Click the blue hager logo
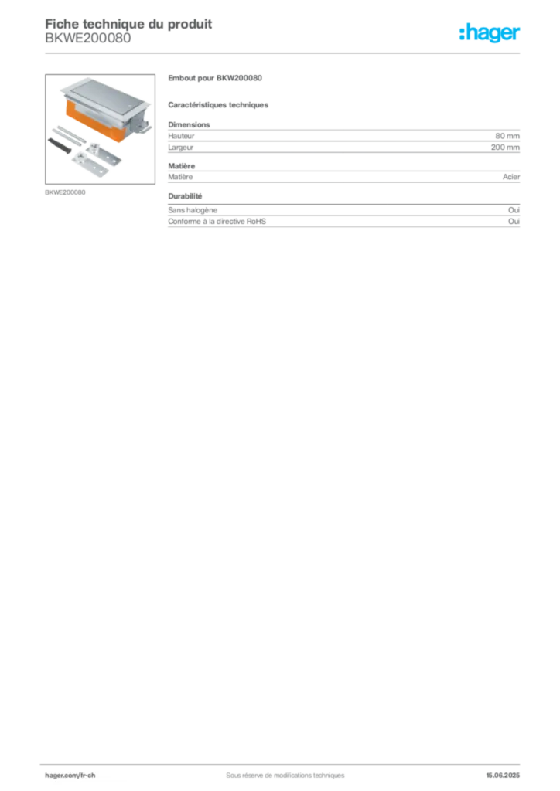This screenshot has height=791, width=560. (490, 34)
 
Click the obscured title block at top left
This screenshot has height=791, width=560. (128, 31)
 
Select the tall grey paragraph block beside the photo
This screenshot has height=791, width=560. (343, 139)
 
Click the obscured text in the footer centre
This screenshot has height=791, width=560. (279, 770)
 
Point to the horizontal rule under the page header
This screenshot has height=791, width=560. (285, 53)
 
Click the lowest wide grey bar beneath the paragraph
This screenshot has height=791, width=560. (343, 219)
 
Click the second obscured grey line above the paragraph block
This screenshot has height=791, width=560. (219, 104)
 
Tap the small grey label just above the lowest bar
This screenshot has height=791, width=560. (186, 197)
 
